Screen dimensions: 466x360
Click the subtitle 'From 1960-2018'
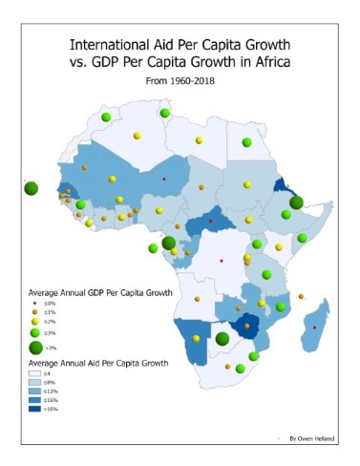click(x=179, y=82)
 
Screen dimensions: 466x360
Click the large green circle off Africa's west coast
click(x=31, y=188)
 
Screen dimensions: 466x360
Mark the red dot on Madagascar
click(x=316, y=328)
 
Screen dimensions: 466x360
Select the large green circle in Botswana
click(x=222, y=338)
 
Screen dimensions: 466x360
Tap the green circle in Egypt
click(x=246, y=141)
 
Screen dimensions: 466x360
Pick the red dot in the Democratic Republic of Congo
click(x=222, y=261)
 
